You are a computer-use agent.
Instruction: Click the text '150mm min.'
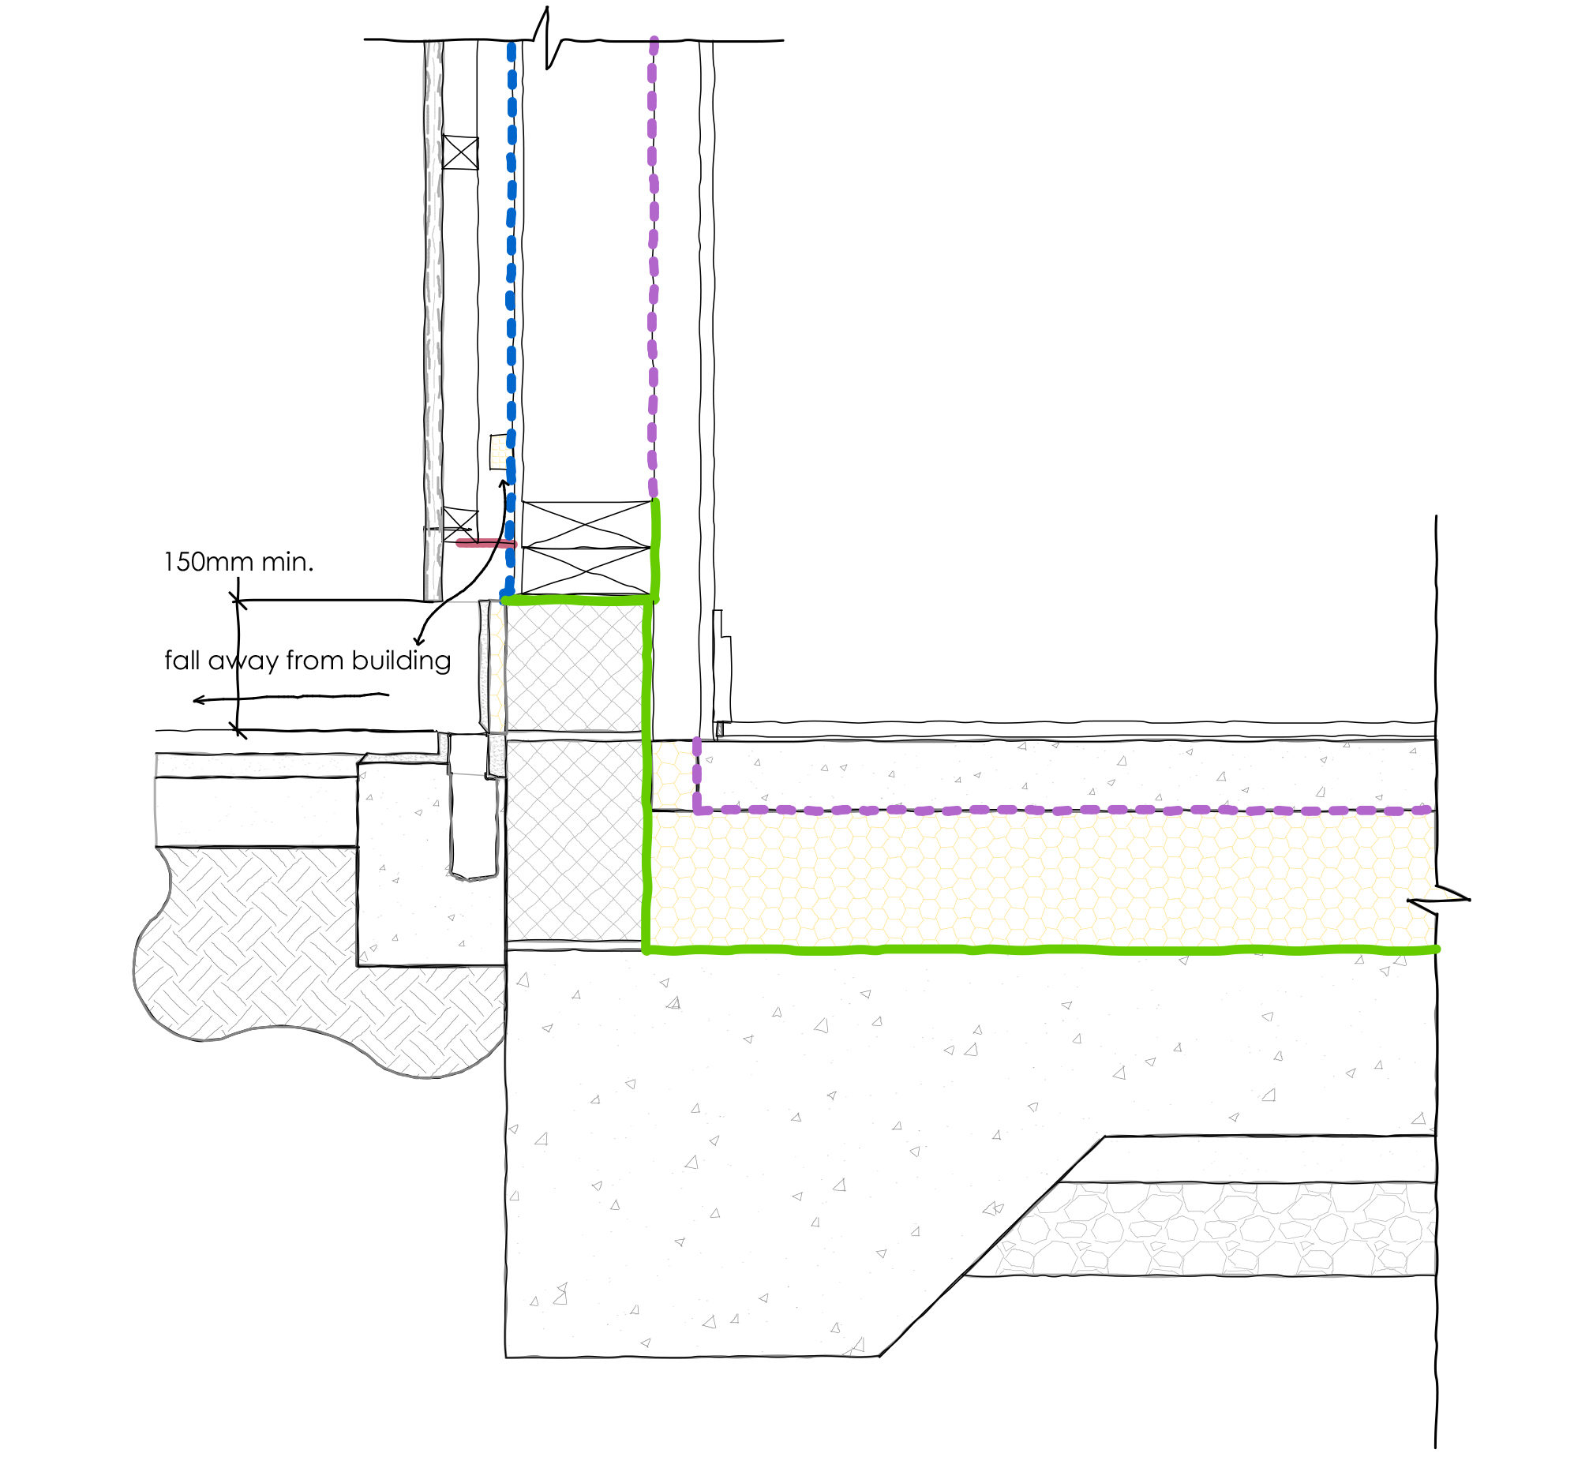coord(238,562)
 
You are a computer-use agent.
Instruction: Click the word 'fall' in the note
coord(182,661)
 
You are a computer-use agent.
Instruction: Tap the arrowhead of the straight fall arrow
coord(198,700)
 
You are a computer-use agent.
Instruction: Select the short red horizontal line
coord(485,543)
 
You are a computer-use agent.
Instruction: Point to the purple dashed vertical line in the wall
coord(652,261)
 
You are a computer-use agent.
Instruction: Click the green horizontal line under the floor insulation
coord(1029,949)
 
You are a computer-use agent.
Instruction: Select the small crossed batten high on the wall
coord(460,152)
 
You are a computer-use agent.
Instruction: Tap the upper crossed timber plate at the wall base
coord(585,523)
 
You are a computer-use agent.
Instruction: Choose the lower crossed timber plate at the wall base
coord(585,570)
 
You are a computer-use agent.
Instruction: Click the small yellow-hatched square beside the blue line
coord(499,452)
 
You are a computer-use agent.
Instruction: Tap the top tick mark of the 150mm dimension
coord(238,601)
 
